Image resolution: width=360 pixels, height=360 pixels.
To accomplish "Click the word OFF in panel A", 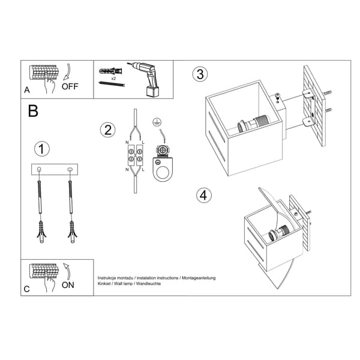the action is [x=70, y=86].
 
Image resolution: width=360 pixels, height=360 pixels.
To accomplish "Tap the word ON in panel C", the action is [x=68, y=285].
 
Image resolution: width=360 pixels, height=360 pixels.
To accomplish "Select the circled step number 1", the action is [x=42, y=149].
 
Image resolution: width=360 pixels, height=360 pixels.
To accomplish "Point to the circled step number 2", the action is [x=108, y=130].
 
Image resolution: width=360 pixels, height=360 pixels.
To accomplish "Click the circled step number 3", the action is [x=200, y=74].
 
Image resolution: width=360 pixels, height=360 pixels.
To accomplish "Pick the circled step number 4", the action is [x=204, y=196].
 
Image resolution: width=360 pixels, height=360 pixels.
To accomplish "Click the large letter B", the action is [x=33, y=111].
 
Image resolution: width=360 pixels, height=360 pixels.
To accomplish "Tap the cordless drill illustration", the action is [x=145, y=79].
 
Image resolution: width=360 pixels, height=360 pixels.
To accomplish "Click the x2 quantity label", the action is [x=113, y=78].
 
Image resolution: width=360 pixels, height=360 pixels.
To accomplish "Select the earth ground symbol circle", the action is [x=157, y=122].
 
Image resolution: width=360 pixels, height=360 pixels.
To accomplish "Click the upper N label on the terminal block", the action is [x=127, y=142].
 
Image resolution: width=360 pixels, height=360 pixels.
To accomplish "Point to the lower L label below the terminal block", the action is [x=143, y=170].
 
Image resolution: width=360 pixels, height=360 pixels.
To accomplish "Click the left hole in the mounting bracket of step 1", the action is [x=39, y=169].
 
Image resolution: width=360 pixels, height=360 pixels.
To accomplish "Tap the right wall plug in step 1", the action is [x=73, y=232].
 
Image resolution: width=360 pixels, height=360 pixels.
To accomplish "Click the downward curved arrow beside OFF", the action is [x=67, y=71].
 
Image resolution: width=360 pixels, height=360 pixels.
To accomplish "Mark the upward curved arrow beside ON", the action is [x=67, y=271].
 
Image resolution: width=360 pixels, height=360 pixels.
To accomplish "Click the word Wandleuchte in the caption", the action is [x=148, y=284].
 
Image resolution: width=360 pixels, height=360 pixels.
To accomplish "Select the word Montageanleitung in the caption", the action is [x=199, y=278].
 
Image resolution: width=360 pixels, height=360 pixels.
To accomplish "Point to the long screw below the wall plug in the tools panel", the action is [x=112, y=84].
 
